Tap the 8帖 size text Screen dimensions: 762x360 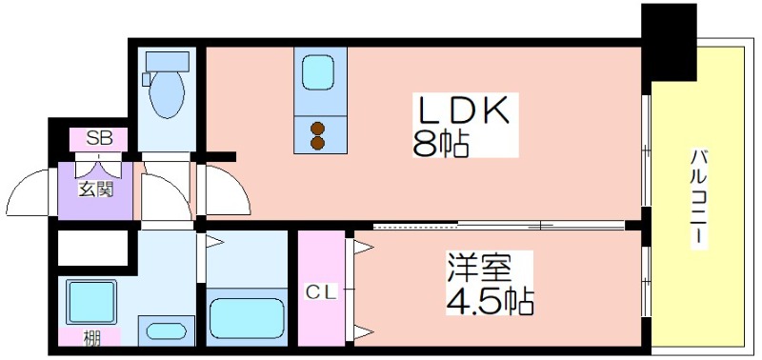[x=440, y=143]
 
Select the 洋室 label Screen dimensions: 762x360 [x=480, y=268]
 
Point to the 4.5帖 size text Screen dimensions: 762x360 [x=490, y=301]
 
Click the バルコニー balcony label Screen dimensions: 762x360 [x=699, y=197]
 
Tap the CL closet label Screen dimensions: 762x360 [x=321, y=292]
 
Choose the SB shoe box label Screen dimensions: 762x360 [x=99, y=139]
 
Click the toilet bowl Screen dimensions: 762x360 [x=167, y=94]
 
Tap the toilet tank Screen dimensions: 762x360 [x=168, y=62]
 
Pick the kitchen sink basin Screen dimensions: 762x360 [x=317, y=70]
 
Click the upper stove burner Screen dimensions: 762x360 [x=317, y=129]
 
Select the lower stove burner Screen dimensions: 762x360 [x=317, y=143]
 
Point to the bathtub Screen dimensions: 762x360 [x=248, y=317]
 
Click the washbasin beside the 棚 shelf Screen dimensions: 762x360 [x=166, y=331]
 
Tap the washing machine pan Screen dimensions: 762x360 [x=91, y=302]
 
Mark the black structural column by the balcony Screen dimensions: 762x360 [x=669, y=42]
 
